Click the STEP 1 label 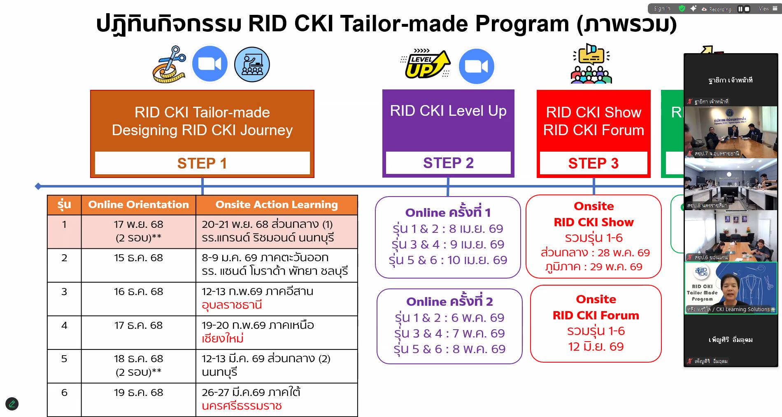tap(202, 163)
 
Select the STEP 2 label tap(448, 163)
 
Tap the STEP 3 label tap(593, 163)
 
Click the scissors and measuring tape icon tap(170, 65)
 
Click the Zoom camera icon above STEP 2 tap(476, 66)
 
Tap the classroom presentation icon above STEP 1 tap(252, 65)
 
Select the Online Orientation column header tap(138, 204)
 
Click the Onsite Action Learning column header tap(276, 204)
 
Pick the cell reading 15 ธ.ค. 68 tap(138, 258)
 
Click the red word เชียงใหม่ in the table tap(223, 339)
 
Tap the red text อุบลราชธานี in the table tap(232, 305)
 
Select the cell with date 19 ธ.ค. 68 tap(138, 392)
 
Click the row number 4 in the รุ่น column tap(64, 325)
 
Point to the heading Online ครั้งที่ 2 tap(449, 301)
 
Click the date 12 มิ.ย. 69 tap(596, 347)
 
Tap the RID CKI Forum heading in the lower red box tap(596, 315)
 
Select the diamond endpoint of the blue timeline tap(38, 186)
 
